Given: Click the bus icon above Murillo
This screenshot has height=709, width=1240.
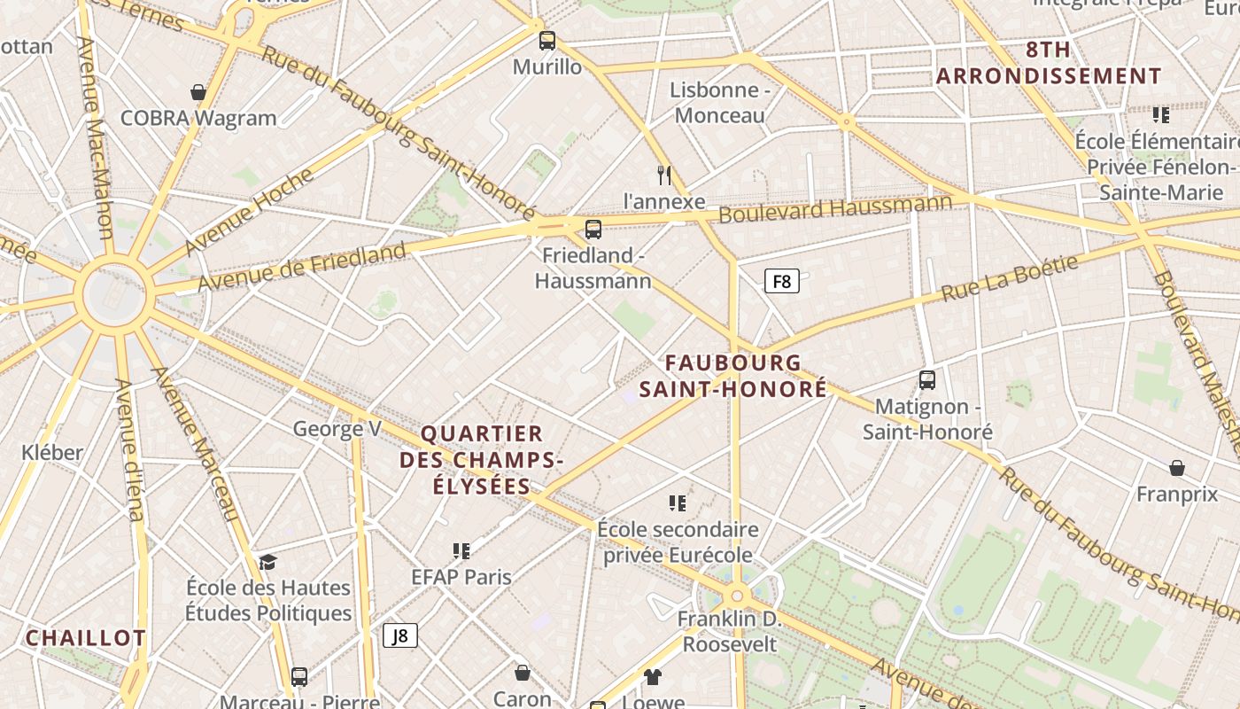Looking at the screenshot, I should tap(547, 41).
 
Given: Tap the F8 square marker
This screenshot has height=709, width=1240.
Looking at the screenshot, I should tap(781, 282).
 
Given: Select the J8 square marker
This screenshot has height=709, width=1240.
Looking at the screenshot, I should tap(399, 635).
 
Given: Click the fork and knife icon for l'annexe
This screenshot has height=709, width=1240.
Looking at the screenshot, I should tap(664, 175).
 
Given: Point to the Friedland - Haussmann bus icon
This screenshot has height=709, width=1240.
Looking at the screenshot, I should tap(593, 230).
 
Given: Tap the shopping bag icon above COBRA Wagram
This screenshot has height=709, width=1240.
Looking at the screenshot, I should tap(198, 92).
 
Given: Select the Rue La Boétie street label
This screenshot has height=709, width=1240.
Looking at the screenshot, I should tap(1010, 278).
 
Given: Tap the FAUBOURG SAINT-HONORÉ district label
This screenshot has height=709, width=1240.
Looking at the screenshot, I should tap(733, 376).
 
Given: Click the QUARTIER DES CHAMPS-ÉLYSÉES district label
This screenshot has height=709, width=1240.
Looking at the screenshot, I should tap(482, 460).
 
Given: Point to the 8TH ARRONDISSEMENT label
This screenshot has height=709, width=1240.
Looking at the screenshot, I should tap(1048, 63).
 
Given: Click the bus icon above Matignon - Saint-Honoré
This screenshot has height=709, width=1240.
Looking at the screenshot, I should tap(927, 380).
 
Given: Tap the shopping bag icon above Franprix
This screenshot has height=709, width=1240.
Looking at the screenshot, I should tap(1177, 468).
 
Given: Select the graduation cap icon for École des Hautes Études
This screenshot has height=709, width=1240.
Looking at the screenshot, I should tap(267, 562).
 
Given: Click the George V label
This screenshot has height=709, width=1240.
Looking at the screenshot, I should tap(337, 429).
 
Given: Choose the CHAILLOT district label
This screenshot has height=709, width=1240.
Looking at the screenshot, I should tap(85, 638).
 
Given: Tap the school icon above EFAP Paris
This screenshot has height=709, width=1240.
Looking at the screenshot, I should tap(461, 551).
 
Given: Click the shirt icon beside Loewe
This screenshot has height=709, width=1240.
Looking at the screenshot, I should tap(653, 678).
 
